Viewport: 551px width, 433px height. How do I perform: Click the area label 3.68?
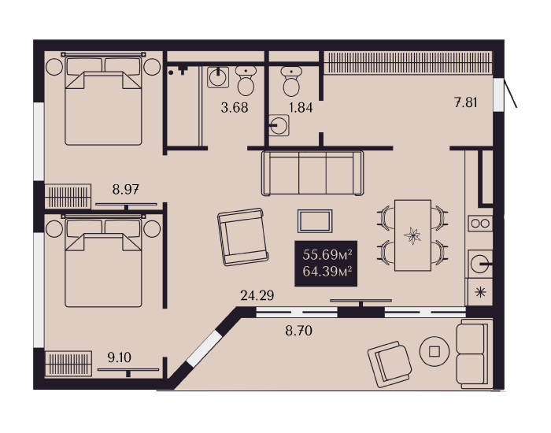[235, 107]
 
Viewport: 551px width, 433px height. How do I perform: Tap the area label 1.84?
[301, 107]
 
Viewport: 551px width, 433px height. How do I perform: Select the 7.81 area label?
[466, 102]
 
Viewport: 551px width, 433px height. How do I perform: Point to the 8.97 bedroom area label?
[125, 190]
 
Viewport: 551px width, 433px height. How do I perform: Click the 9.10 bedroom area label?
[120, 357]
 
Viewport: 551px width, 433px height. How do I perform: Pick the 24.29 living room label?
[257, 295]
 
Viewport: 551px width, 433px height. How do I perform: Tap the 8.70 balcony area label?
[298, 331]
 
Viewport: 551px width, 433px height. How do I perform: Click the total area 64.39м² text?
[327, 272]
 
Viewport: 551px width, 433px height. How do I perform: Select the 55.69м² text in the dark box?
[327, 254]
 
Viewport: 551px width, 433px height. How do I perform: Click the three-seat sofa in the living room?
[312, 173]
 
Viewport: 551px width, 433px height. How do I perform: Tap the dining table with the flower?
[412, 235]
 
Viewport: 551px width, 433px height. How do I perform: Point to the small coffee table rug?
[315, 221]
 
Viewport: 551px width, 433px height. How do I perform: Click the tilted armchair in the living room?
[242, 236]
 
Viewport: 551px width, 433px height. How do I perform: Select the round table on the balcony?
[435, 351]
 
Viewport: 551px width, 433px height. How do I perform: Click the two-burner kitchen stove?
[480, 223]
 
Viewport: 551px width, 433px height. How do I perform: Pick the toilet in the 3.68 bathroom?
[246, 81]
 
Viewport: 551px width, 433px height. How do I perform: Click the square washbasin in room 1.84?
[279, 125]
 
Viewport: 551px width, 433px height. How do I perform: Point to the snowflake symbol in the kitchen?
[480, 292]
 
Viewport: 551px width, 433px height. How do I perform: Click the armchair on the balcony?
[390, 365]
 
